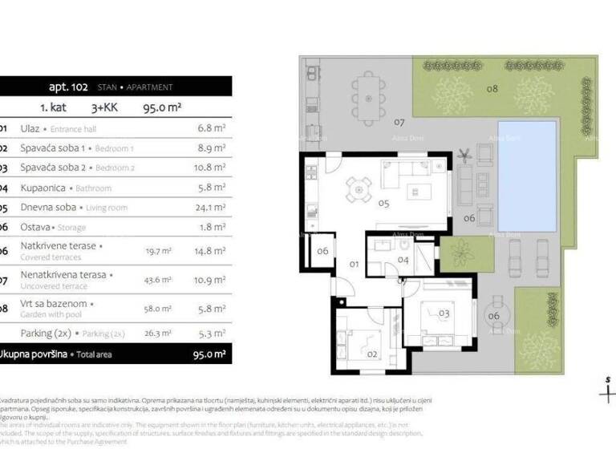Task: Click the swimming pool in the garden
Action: pyautogui.click(x=527, y=174)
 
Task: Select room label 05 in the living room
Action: pyautogui.click(x=383, y=204)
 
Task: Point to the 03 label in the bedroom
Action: pyautogui.click(x=444, y=312)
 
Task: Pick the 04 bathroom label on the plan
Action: pyautogui.click(x=403, y=260)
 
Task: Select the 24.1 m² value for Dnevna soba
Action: pyautogui.click(x=211, y=208)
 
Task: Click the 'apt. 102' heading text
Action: pyautogui.click(x=67, y=87)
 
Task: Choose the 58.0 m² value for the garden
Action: pyautogui.click(x=157, y=308)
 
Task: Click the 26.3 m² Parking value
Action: pyautogui.click(x=157, y=333)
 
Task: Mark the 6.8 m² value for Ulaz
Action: pyautogui.click(x=211, y=127)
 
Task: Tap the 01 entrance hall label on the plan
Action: pyautogui.click(x=354, y=263)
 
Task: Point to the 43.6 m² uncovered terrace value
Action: pyautogui.click(x=157, y=279)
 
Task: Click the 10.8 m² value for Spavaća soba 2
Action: pyautogui.click(x=211, y=168)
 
